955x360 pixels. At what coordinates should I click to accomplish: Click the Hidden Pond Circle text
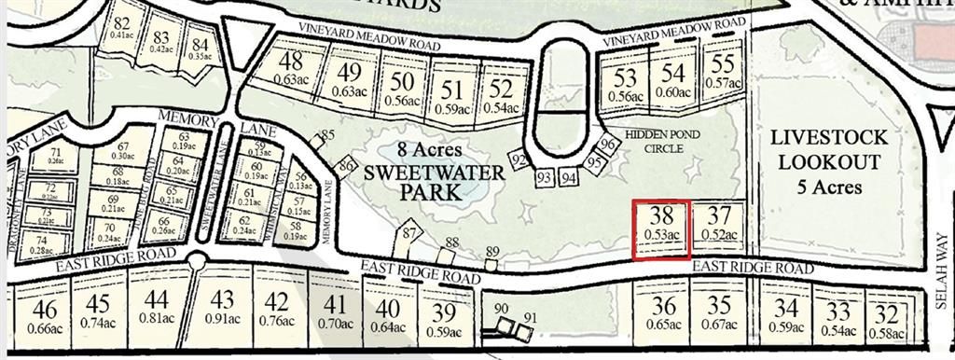[x=662, y=141]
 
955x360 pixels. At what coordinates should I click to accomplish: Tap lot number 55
[x=723, y=64]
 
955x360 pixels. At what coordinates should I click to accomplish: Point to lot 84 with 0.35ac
[x=200, y=44]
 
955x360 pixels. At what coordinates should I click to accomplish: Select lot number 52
[x=501, y=90]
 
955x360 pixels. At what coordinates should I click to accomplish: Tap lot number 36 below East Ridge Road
[x=664, y=307]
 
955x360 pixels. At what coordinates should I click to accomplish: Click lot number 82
[x=121, y=23]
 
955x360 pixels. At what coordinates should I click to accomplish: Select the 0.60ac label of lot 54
[x=673, y=91]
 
